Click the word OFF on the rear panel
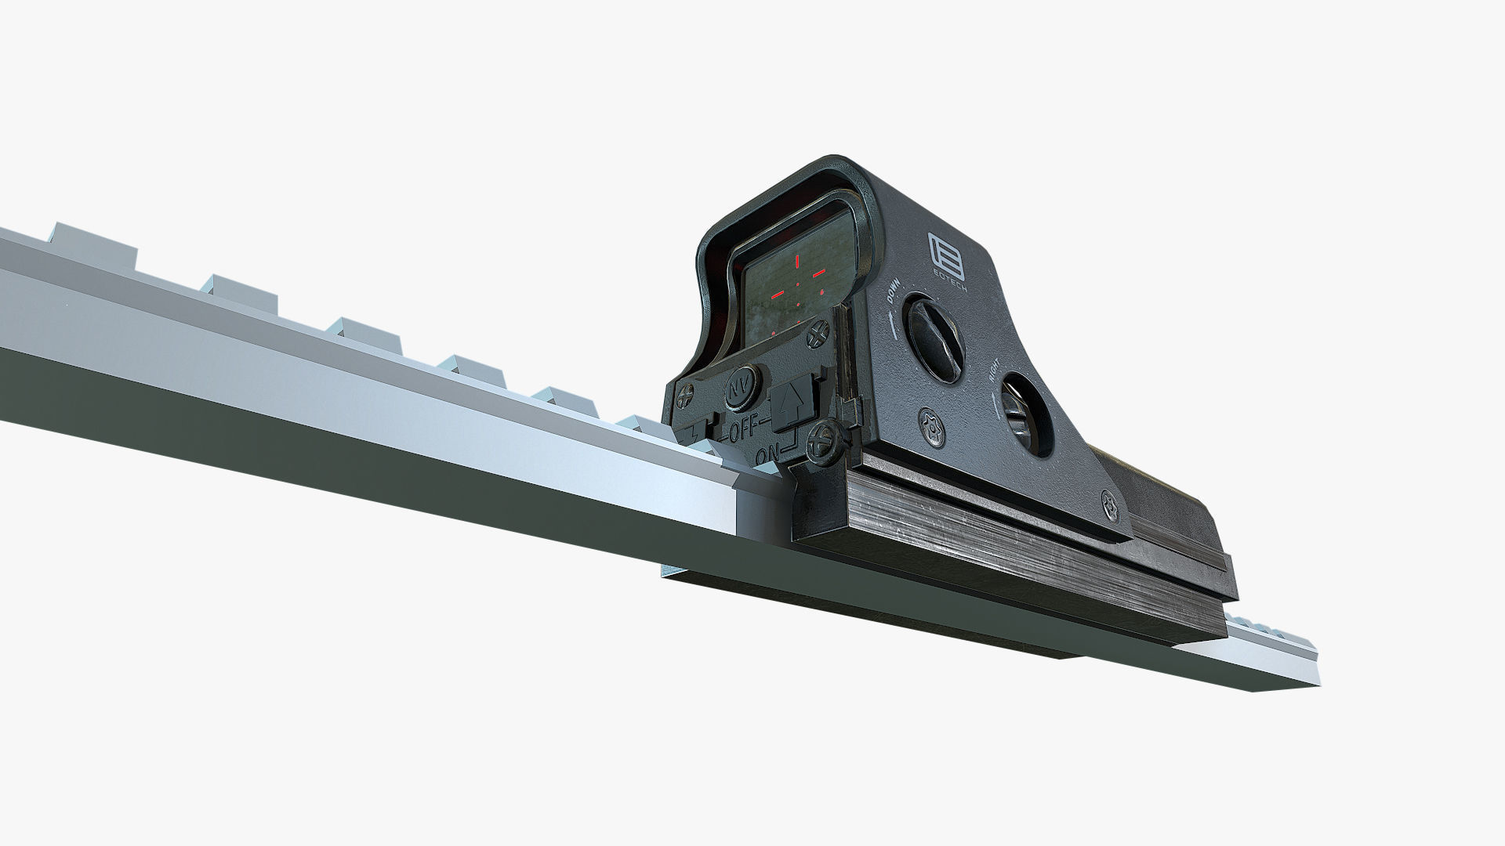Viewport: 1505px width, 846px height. pos(745,430)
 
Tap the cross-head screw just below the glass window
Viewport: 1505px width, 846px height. pos(820,334)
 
